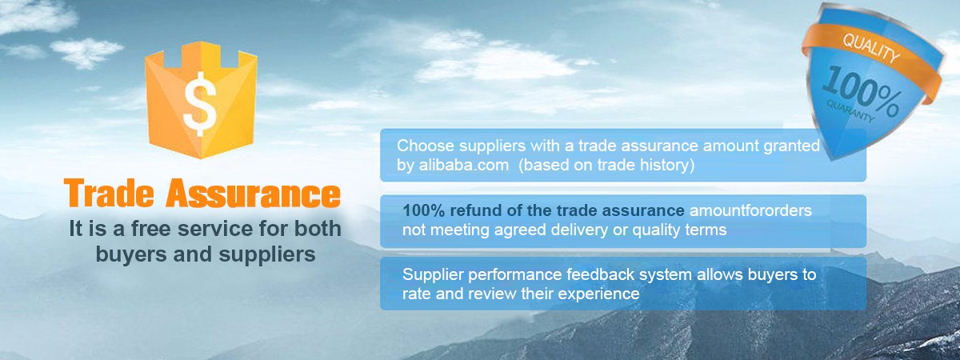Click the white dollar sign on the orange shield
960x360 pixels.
click(200, 104)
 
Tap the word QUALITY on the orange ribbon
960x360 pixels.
click(871, 48)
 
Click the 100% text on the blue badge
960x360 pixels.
click(862, 92)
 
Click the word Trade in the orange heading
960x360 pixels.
click(109, 194)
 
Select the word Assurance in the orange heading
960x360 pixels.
click(254, 194)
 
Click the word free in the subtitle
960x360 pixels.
click(151, 229)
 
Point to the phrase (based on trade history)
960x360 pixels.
click(606, 166)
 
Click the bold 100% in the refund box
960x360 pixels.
click(423, 210)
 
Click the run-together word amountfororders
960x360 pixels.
click(750, 210)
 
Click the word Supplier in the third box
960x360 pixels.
click(433, 274)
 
